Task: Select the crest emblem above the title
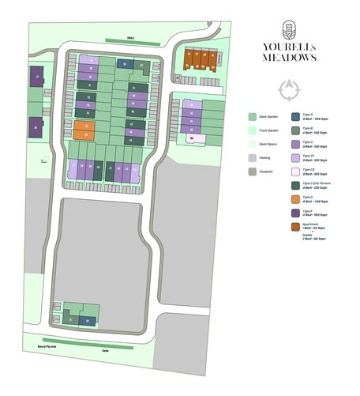(290, 28)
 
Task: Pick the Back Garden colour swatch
(252, 115)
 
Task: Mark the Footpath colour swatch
(252, 171)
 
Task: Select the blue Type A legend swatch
(296, 116)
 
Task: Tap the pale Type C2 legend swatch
(296, 170)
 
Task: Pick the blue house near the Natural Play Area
(87, 319)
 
